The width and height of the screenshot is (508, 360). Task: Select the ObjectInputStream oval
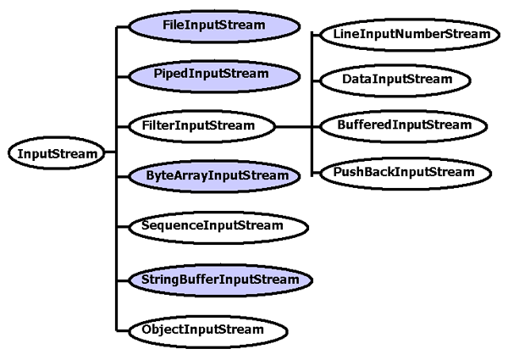coord(202,329)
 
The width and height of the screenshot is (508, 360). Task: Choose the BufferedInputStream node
coord(404,125)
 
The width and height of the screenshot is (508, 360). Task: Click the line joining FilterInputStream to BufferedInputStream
coord(296,126)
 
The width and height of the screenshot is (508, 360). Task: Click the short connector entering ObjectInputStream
coord(123,329)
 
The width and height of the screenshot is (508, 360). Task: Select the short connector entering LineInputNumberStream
coord(316,35)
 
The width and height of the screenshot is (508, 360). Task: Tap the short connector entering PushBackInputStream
coord(316,173)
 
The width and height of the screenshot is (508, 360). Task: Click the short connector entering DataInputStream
coord(316,80)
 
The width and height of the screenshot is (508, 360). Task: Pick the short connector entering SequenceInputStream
coord(123,227)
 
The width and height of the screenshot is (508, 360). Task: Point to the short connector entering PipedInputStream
coord(123,75)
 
